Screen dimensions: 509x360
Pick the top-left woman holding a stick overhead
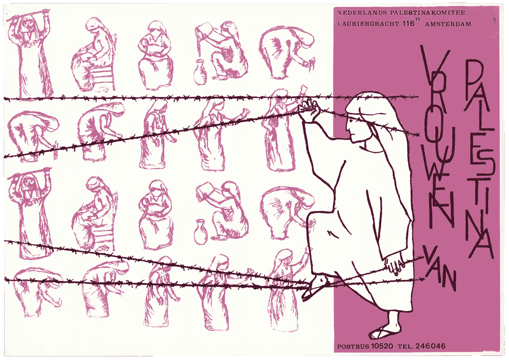[30, 52]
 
